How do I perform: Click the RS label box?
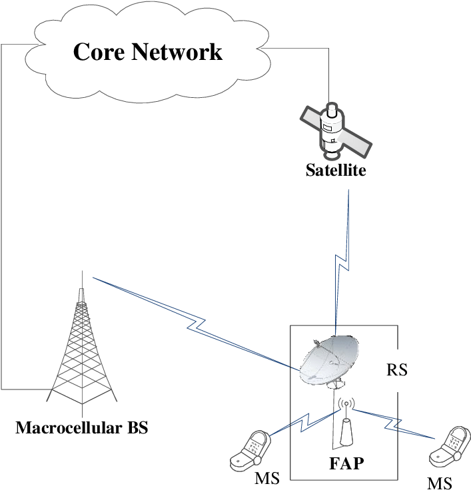click(397, 369)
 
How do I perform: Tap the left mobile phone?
click(250, 451)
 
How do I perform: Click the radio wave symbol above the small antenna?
click(346, 403)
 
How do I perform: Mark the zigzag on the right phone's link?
click(393, 422)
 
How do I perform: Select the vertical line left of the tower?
click(1, 213)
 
